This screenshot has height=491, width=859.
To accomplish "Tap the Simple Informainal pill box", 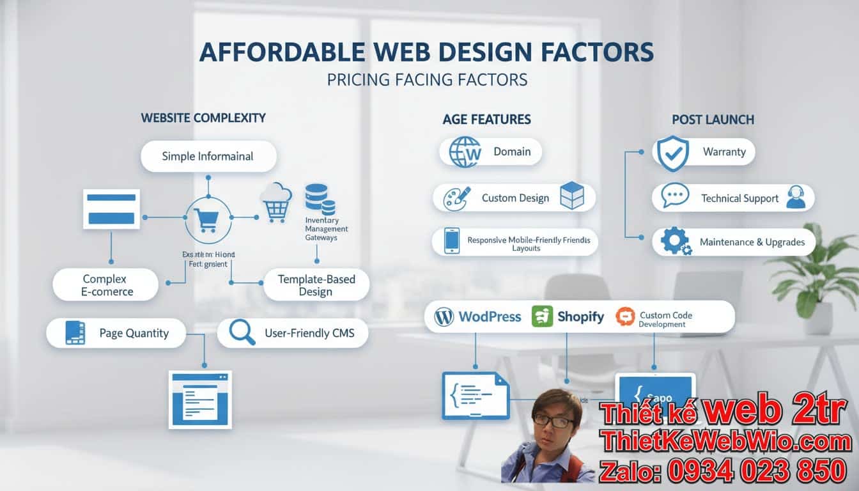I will (208, 157).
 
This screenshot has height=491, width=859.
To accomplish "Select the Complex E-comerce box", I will (105, 285).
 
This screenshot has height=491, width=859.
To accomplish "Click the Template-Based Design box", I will (316, 285).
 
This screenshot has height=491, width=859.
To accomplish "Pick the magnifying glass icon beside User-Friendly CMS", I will (242, 332).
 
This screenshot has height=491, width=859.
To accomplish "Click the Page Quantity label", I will (134, 333).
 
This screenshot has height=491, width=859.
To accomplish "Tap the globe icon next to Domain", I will (465, 152).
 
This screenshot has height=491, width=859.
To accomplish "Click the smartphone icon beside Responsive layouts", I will (452, 242).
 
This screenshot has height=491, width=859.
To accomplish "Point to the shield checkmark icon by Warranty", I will (673, 153).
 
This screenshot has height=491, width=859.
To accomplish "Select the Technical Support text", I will (739, 198).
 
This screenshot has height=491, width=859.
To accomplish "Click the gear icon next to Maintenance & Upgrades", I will (676, 242).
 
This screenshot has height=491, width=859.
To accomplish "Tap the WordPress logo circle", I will (444, 316).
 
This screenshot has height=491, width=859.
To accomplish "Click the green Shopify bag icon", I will (542, 316).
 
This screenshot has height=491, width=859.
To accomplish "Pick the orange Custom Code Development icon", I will (625, 316).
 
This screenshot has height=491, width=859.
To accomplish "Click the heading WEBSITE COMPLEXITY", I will (203, 118).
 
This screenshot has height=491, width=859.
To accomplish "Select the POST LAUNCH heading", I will (713, 120).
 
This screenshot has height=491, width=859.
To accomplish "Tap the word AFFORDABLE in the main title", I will (278, 52).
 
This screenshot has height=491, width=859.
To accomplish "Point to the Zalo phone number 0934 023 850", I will (757, 471).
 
